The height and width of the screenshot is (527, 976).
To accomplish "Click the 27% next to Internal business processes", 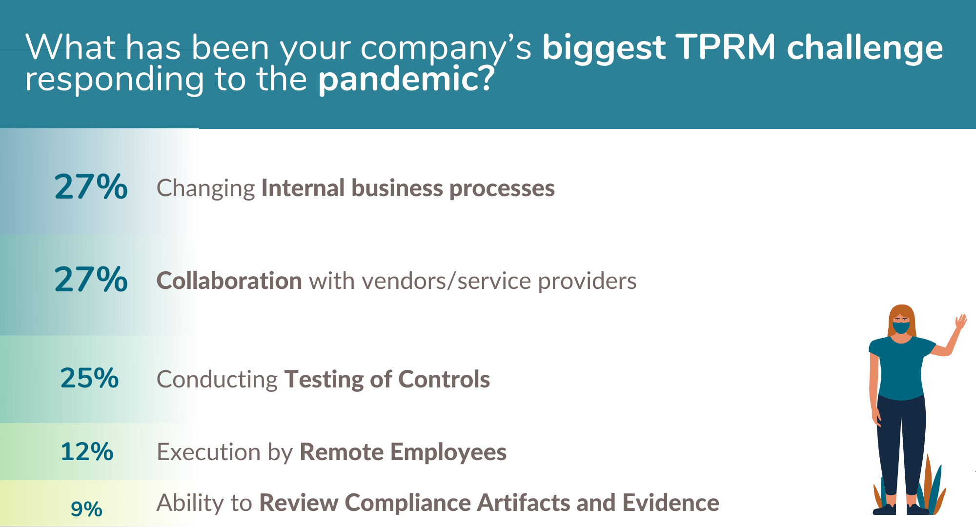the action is [x=91, y=187].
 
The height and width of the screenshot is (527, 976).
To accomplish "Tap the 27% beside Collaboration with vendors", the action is [x=91, y=280].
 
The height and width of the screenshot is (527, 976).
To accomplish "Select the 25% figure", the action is [x=89, y=378].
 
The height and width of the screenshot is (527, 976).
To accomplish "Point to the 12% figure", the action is [x=87, y=451].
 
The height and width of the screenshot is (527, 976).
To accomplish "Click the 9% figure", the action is [x=86, y=509].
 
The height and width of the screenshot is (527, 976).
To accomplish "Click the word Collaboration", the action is [x=229, y=281].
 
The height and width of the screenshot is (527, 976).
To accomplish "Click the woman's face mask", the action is [x=901, y=327].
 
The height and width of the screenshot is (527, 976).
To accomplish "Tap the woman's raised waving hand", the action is [x=960, y=322].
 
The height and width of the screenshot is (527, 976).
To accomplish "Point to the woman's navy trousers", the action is [x=901, y=444].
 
